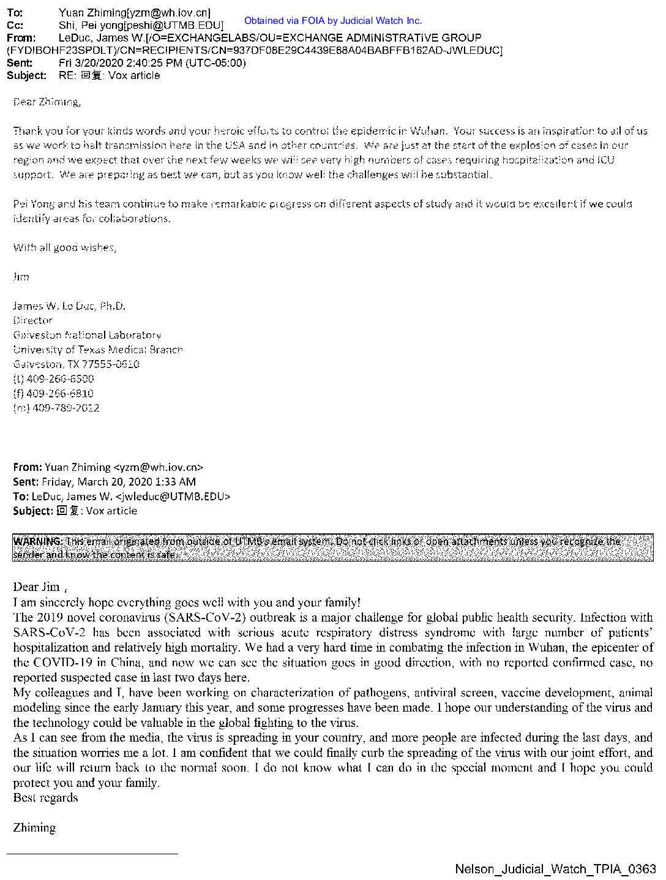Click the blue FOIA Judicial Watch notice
tap(332, 21)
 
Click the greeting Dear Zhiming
tap(47, 102)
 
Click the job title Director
tap(33, 320)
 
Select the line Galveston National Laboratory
tap(88, 335)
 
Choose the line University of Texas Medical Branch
tap(98, 350)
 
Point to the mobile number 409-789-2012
tap(65, 408)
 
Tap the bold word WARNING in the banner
tap(38, 541)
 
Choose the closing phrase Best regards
tap(45, 798)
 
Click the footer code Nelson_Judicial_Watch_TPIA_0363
tap(555, 869)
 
